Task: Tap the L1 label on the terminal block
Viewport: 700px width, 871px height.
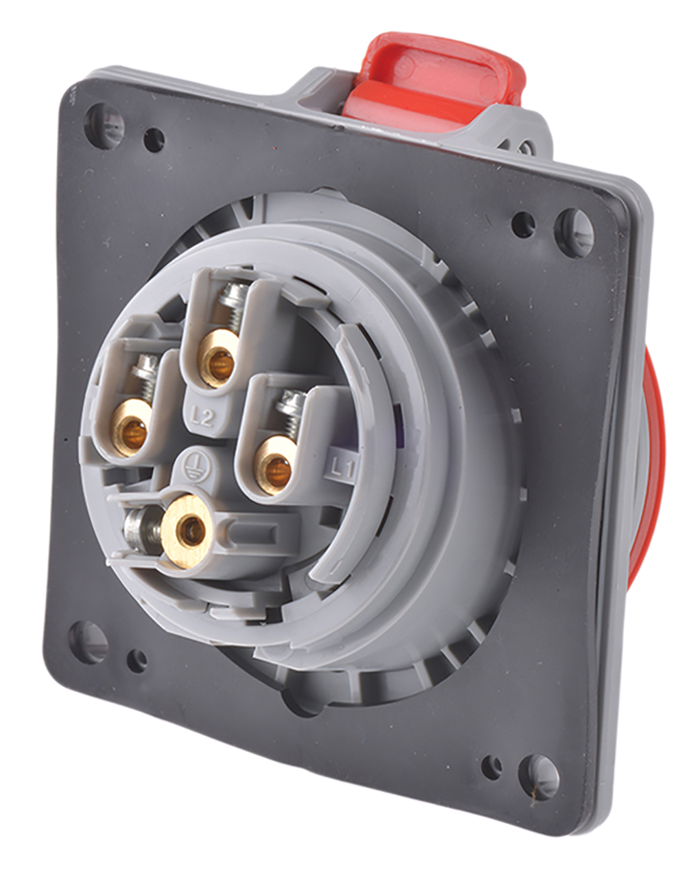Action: tap(342, 469)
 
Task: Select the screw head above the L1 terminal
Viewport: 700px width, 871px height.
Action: tap(292, 402)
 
